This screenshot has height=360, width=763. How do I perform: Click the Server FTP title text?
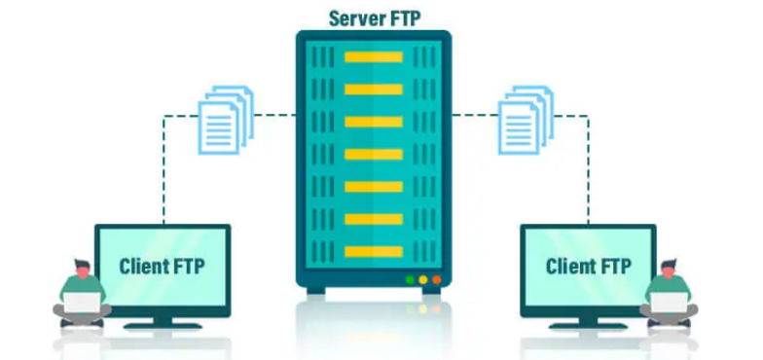click(374, 17)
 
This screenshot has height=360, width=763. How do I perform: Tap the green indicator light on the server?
click(410, 280)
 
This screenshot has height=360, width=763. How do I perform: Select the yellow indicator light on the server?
click(422, 280)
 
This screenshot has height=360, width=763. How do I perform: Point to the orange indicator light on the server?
click(436, 280)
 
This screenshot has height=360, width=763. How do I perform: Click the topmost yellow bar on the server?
click(374, 56)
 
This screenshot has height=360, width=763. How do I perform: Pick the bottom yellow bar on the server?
click(374, 251)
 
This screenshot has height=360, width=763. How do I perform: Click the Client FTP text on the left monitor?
click(163, 265)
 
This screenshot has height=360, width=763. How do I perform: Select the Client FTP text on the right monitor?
click(588, 266)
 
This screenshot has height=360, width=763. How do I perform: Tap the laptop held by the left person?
click(83, 302)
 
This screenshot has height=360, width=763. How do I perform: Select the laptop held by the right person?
click(668, 302)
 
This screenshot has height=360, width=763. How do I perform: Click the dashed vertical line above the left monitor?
click(163, 175)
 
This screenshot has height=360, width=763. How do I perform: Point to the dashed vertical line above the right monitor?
click(588, 175)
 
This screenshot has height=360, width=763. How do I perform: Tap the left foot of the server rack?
click(316, 290)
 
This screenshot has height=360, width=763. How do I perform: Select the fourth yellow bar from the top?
click(374, 154)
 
